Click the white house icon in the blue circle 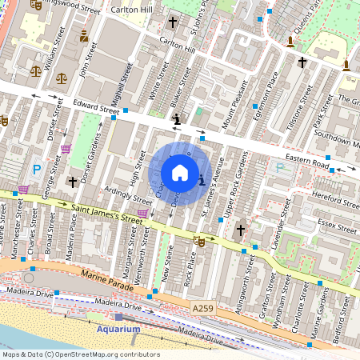coord(180,173)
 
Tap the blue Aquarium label coord(118,329)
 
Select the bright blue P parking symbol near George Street coord(37,170)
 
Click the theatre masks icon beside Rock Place coord(199,240)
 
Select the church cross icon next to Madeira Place coord(73,182)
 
